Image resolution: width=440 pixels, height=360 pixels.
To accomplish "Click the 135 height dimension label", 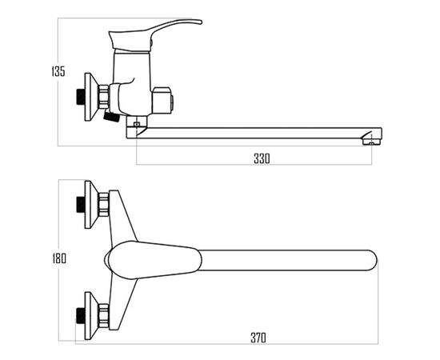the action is point(58,71).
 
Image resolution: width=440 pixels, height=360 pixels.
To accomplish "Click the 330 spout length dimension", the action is point(262,158).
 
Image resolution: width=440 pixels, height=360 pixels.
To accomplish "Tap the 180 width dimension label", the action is point(59,258).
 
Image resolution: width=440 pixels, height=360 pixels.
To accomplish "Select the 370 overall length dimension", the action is point(258,338).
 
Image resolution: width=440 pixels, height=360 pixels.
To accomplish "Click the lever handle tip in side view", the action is point(199,22).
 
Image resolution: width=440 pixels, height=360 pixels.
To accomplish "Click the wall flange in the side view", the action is point(91,97).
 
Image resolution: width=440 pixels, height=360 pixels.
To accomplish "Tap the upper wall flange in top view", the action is point(91,205).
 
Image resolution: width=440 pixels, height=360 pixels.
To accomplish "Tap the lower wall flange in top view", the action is point(91,316).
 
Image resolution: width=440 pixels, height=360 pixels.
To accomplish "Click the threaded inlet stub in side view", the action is point(81,97).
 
